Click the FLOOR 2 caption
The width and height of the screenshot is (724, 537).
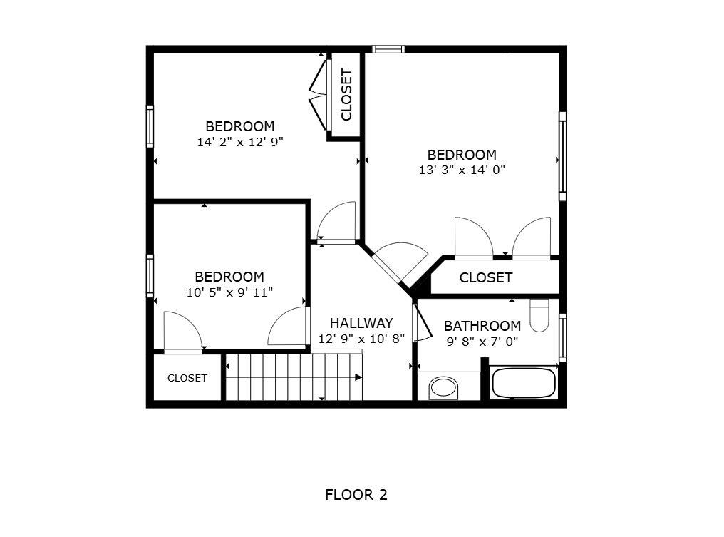tap(356, 495)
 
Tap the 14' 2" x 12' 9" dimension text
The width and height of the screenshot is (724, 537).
tap(240, 142)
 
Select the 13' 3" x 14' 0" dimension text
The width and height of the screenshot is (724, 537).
tap(462, 170)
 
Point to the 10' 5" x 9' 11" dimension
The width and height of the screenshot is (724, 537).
tap(229, 292)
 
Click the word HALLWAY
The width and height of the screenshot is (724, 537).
tap(361, 323)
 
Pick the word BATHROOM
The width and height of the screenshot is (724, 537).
tap(482, 326)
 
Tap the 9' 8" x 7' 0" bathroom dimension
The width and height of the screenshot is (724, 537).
tap(482, 342)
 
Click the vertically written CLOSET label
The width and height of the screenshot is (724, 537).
tap(346, 94)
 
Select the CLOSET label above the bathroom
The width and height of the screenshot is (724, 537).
tap(485, 277)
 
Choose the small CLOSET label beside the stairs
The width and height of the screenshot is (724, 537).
tap(187, 378)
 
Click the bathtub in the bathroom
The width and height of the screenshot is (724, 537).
tap(523, 384)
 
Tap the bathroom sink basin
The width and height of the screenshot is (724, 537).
tap(444, 387)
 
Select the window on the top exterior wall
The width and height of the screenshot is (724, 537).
tap(388, 49)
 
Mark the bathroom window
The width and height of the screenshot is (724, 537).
tap(562, 337)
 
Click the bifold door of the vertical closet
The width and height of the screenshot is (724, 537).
tap(318, 92)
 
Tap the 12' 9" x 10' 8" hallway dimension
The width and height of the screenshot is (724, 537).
tap(361, 339)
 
